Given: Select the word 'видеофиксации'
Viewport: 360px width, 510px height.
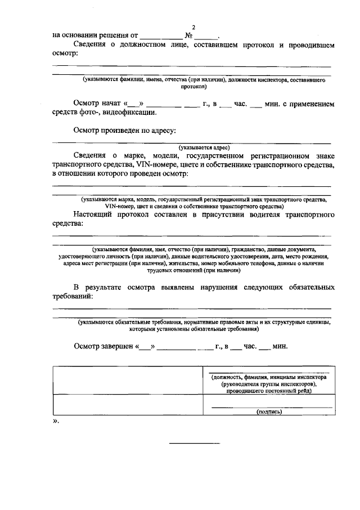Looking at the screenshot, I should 130,113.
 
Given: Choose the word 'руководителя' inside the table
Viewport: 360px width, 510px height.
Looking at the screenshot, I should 245,384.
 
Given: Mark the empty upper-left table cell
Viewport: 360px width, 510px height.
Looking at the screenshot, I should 127,381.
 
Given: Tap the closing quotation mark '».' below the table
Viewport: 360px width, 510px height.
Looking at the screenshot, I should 56,422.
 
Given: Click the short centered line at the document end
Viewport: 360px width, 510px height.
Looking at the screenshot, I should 195,444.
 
